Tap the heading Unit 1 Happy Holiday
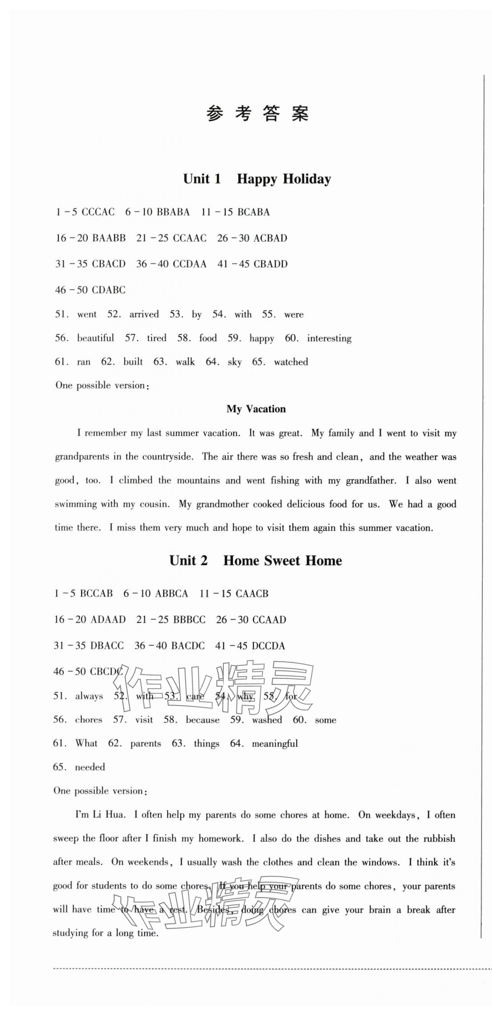coord(257,179)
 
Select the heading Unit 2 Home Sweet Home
coord(256,560)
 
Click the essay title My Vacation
coord(256,409)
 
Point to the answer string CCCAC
coord(98,212)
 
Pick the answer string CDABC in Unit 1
coord(108,290)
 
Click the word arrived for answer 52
coord(144,314)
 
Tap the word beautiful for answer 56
coord(95,338)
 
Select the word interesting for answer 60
coord(329,338)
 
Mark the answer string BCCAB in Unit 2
coord(96,594)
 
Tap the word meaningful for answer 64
coord(275,743)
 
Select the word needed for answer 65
coord(90,767)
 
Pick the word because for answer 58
coord(203,720)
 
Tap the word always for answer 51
coord(89,696)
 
